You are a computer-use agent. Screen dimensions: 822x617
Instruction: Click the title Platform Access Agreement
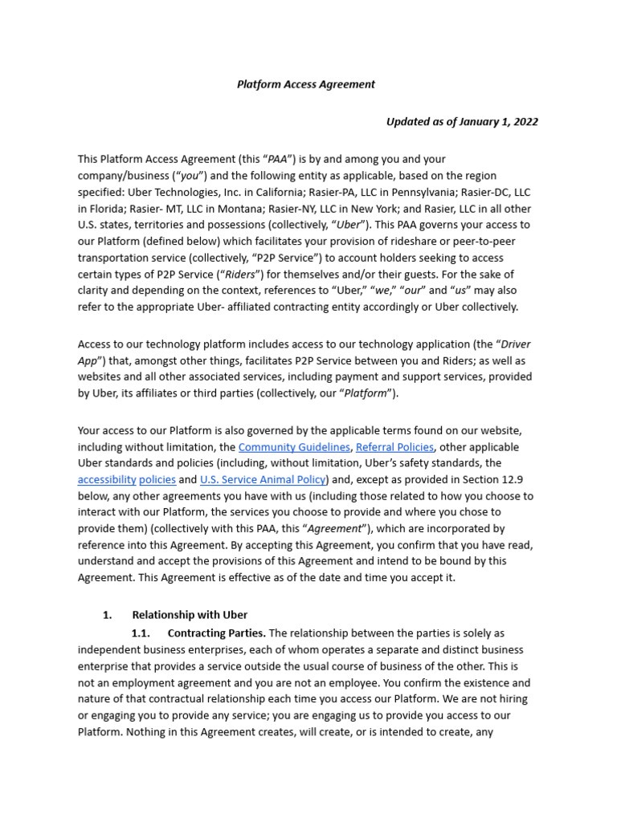[x=305, y=84]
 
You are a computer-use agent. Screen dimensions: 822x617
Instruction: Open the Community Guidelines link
[x=294, y=447]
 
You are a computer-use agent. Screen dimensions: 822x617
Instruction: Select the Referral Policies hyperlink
[x=394, y=447]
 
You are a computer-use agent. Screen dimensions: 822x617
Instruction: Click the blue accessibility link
[x=106, y=479]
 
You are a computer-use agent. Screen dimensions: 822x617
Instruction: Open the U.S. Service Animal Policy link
[x=263, y=479]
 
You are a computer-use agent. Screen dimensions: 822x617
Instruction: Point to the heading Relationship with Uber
[x=190, y=615]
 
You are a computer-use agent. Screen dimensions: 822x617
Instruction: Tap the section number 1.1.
[x=141, y=633]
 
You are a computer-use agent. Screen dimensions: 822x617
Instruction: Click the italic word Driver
[x=516, y=344]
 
